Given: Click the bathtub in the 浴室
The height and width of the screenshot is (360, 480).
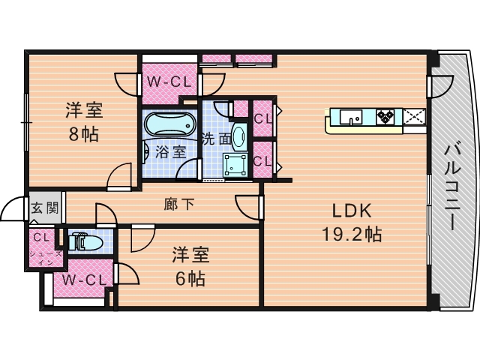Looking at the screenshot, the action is (169, 124).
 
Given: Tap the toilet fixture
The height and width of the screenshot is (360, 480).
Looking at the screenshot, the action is (85, 241).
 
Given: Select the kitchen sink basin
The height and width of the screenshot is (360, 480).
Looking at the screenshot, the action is (351, 117).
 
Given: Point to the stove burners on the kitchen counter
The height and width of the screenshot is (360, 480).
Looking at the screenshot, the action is (385, 117).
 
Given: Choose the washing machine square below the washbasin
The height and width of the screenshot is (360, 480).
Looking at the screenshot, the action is (235, 165).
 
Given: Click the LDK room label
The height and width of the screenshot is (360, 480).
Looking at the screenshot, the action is (352, 211).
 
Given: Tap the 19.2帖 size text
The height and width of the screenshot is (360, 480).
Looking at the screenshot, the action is (352, 235).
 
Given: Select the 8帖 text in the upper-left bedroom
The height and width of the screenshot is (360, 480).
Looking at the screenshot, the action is (83, 133).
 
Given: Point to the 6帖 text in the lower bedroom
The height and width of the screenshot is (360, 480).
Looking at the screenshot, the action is (190, 278).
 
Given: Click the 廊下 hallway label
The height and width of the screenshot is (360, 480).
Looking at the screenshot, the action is (179, 204).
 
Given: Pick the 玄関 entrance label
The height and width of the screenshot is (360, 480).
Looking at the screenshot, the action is (45, 208).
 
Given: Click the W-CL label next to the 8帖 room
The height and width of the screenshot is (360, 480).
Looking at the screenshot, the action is (169, 82).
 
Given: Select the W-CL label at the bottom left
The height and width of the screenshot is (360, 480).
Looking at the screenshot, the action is (85, 280).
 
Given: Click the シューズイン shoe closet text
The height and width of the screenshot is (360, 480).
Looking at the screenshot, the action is (46, 258).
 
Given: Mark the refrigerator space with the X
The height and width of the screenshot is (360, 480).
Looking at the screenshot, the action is (414, 117).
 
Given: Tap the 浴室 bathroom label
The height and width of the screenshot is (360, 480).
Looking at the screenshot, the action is (170, 151).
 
